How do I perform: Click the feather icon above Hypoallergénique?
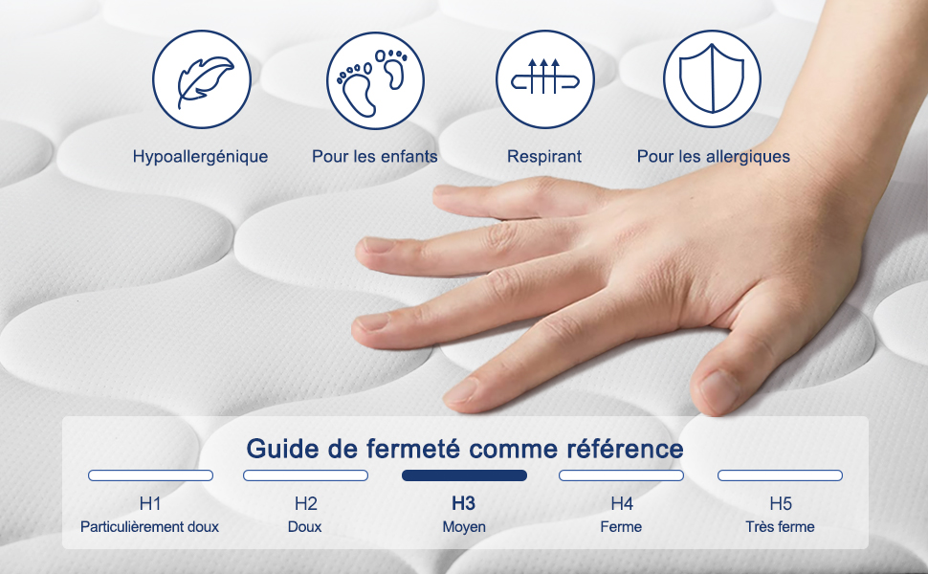point(201,79)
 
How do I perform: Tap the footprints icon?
point(375,80)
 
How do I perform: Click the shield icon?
point(712,78)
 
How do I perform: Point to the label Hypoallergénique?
point(200,157)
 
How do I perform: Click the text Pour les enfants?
point(375,156)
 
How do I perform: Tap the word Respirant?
point(544,157)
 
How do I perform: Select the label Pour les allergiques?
point(713,157)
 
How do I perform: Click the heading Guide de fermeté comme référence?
point(465,449)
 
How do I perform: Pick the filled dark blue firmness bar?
point(464,475)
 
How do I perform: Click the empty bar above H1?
point(150,475)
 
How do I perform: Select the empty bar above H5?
point(780,475)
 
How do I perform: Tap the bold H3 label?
point(463,503)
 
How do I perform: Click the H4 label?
point(622,503)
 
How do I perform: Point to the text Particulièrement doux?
point(150,527)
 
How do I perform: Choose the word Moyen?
point(464,527)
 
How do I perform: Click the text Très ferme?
point(780,527)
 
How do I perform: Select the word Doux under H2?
point(305,527)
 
